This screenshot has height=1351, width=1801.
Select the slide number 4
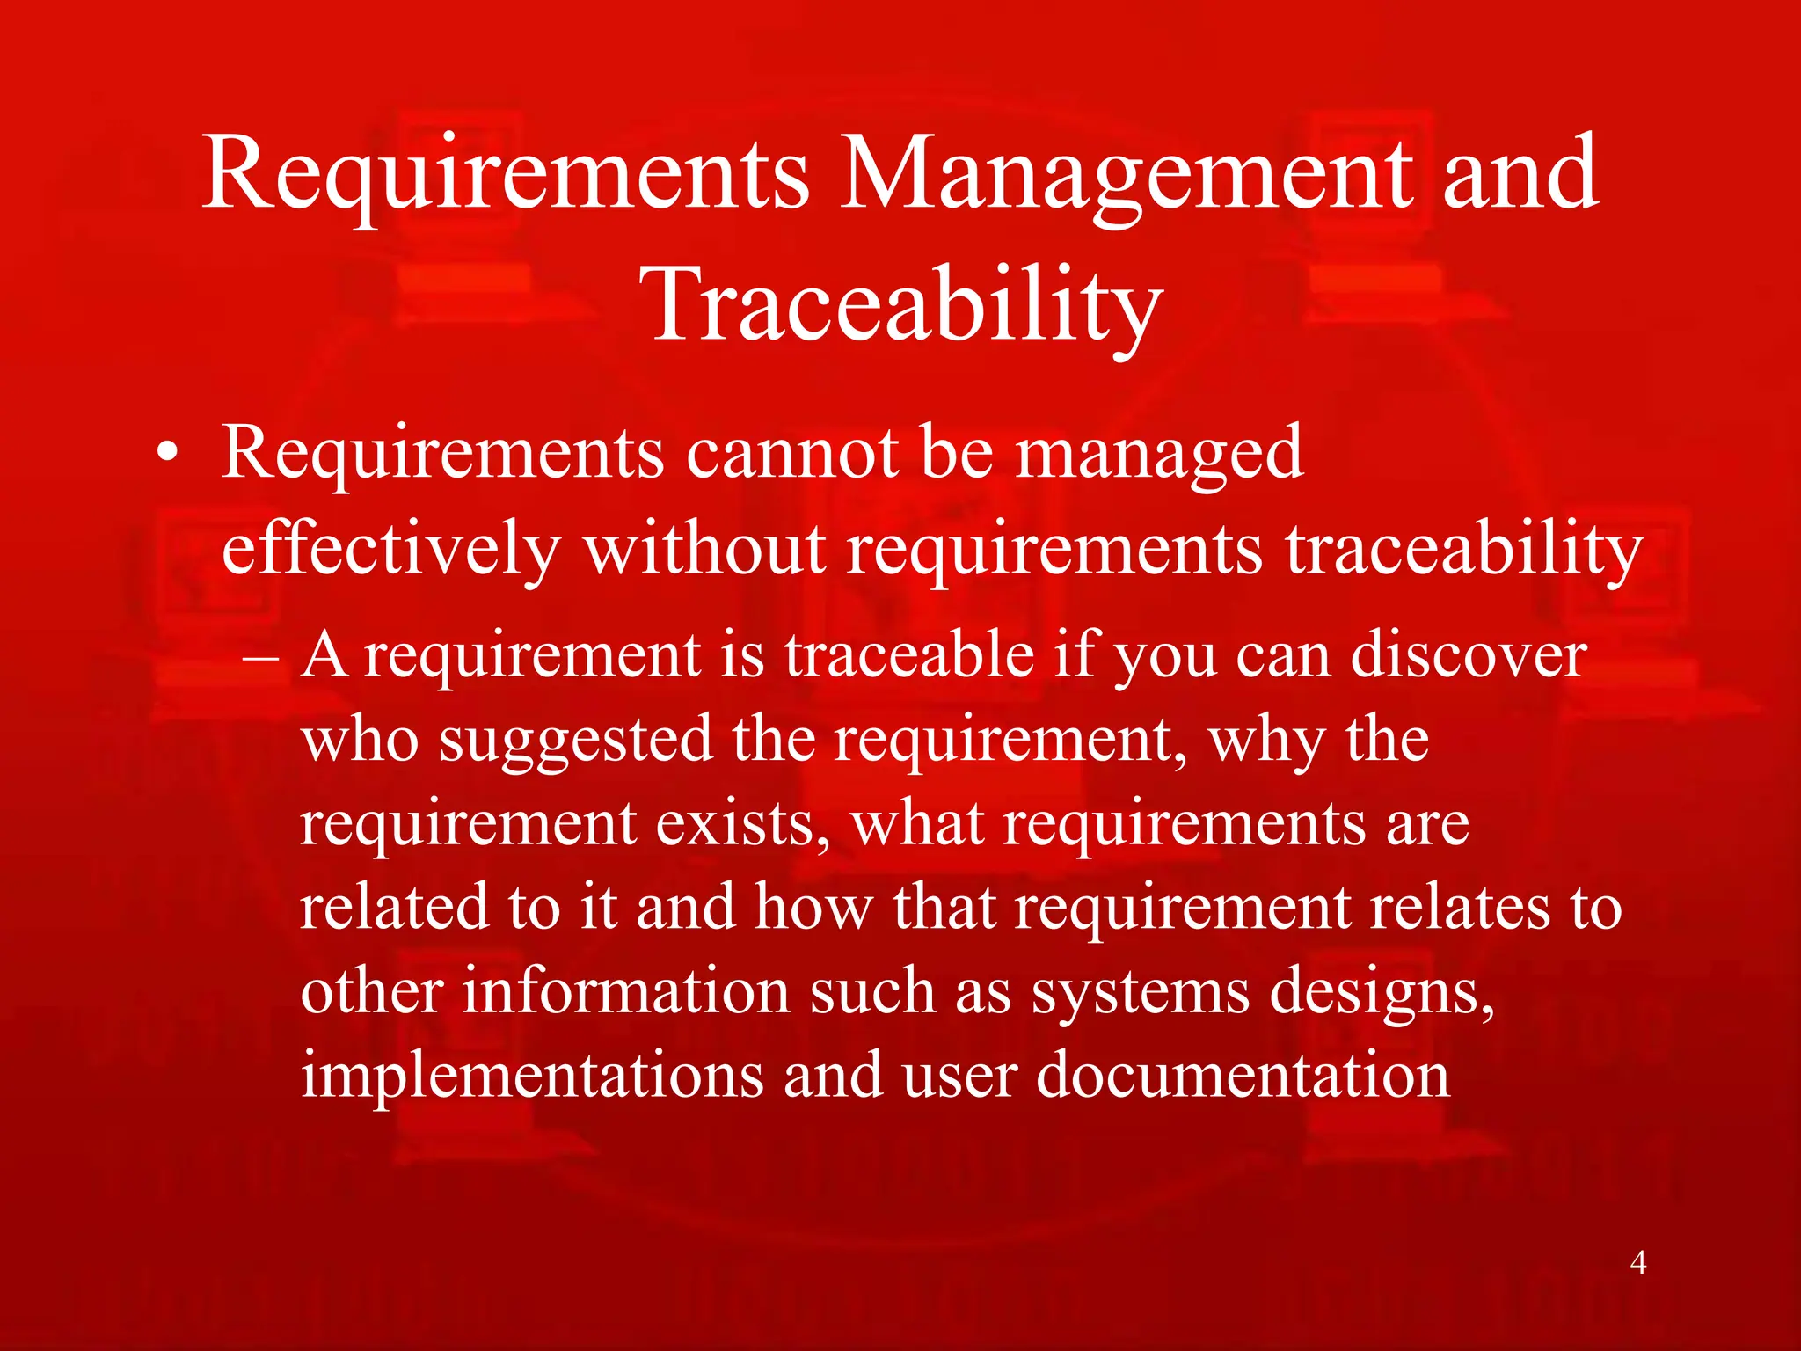pyautogui.click(x=1637, y=1263)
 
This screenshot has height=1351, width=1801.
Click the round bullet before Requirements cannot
pyautogui.click(x=167, y=456)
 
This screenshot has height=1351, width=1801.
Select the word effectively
pyautogui.click(x=390, y=550)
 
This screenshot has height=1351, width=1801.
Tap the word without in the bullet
pyautogui.click(x=704, y=550)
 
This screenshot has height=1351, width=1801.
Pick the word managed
pyautogui.click(x=1159, y=456)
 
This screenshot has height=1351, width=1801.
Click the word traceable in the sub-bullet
pyautogui.click(x=908, y=655)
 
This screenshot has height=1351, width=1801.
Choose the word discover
pyautogui.click(x=1468, y=655)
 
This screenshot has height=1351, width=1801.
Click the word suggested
pyautogui.click(x=575, y=740)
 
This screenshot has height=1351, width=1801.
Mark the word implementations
pyautogui.click(x=532, y=1075)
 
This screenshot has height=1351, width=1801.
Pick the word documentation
pyautogui.click(x=1243, y=1075)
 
